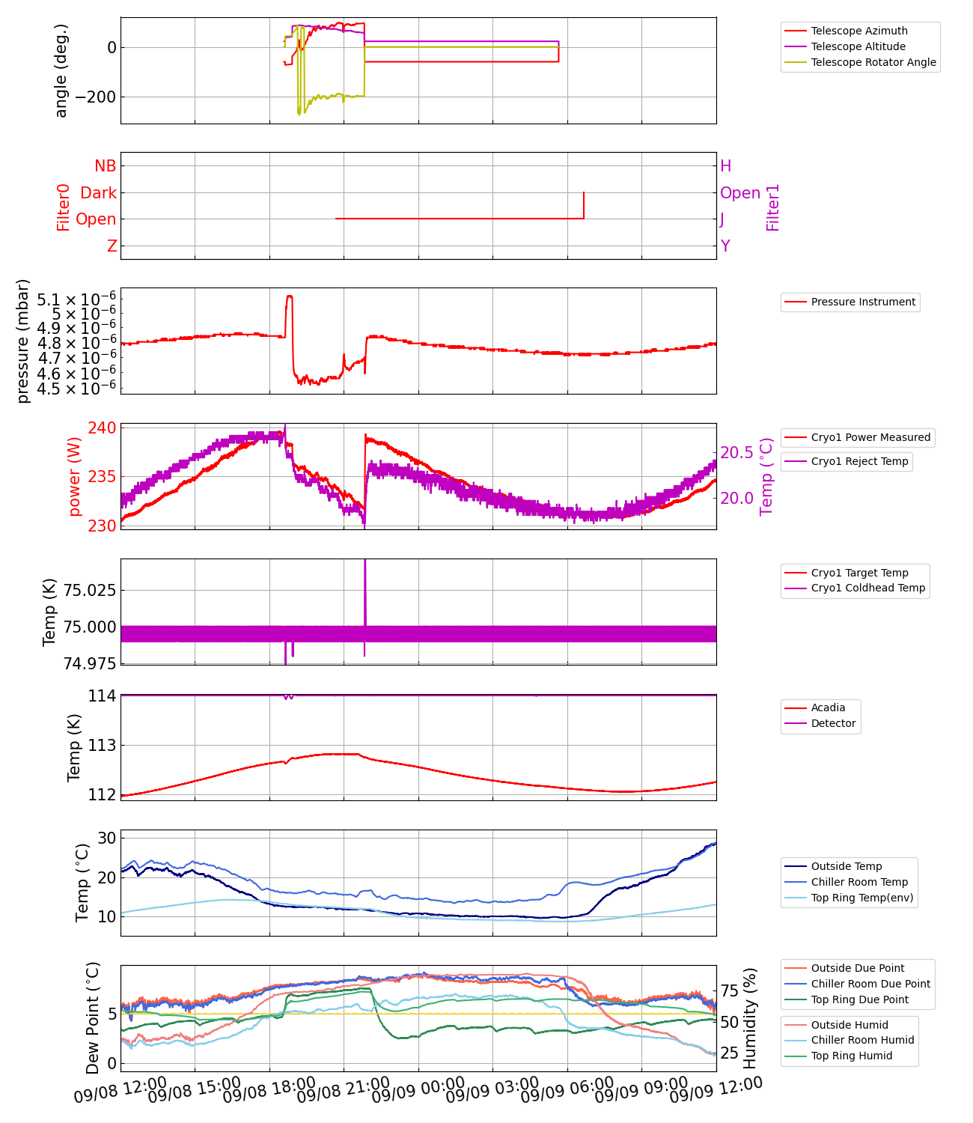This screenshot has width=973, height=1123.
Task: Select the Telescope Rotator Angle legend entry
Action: click(x=873, y=62)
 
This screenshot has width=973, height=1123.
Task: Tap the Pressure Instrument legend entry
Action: click(x=863, y=302)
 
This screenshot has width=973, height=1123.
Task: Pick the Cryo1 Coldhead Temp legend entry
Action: click(x=868, y=588)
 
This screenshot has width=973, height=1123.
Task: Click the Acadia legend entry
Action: click(x=828, y=707)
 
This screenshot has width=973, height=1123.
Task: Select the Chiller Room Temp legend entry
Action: click(x=859, y=882)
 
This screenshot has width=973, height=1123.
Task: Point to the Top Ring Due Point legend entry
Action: click(x=859, y=999)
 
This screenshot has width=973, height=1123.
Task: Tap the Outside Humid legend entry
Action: click(x=850, y=1025)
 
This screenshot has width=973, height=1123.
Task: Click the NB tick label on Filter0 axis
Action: click(x=106, y=166)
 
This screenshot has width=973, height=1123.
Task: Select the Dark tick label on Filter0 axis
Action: click(x=99, y=193)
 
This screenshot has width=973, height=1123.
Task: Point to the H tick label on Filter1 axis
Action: click(x=725, y=166)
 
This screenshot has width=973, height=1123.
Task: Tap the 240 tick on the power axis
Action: click(x=102, y=428)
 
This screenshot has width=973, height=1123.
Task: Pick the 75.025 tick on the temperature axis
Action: click(x=90, y=591)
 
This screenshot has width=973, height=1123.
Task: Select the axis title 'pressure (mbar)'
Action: click(x=23, y=341)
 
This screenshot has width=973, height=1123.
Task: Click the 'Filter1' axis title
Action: click(x=773, y=207)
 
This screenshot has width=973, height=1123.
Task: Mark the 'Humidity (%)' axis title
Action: click(x=751, y=1018)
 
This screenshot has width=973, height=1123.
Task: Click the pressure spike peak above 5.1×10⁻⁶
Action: click(x=290, y=296)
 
